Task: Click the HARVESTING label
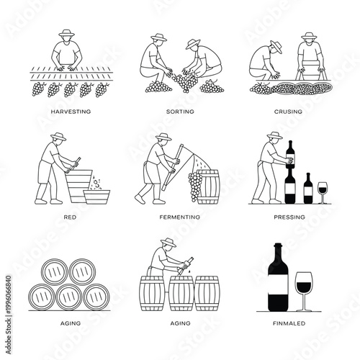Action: [71, 112]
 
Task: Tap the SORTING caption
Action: [180, 112]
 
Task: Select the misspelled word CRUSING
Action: [288, 112]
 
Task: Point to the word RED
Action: [71, 217]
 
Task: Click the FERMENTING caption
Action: [180, 217]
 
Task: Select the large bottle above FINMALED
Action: [278, 276]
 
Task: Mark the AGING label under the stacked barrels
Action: [71, 323]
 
